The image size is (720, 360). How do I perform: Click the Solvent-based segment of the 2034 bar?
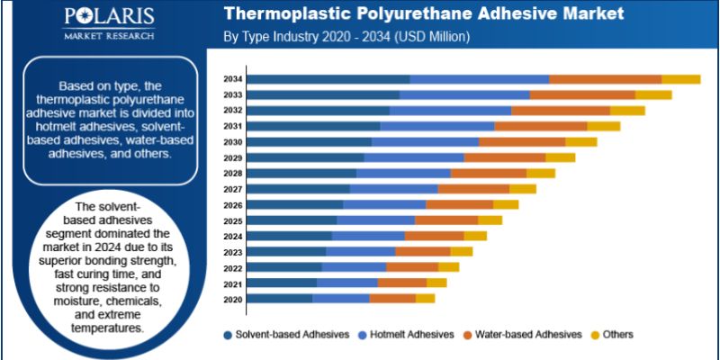(328, 79)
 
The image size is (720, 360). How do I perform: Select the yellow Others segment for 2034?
(680, 79)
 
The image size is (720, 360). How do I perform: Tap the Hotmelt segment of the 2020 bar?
(341, 299)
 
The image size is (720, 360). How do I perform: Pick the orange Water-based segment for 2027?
(473, 189)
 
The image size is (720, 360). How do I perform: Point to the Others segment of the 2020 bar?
(425, 299)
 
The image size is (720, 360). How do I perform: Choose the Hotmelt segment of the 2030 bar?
(425, 142)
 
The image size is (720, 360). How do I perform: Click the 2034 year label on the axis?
(232, 79)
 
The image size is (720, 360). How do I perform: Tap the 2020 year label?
(232, 299)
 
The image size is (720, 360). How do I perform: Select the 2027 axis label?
(232, 189)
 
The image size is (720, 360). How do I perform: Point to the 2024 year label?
(232, 236)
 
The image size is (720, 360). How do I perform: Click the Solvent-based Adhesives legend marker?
(228, 335)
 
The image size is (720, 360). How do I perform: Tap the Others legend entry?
(617, 335)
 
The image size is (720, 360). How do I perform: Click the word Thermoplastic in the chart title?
(285, 15)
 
